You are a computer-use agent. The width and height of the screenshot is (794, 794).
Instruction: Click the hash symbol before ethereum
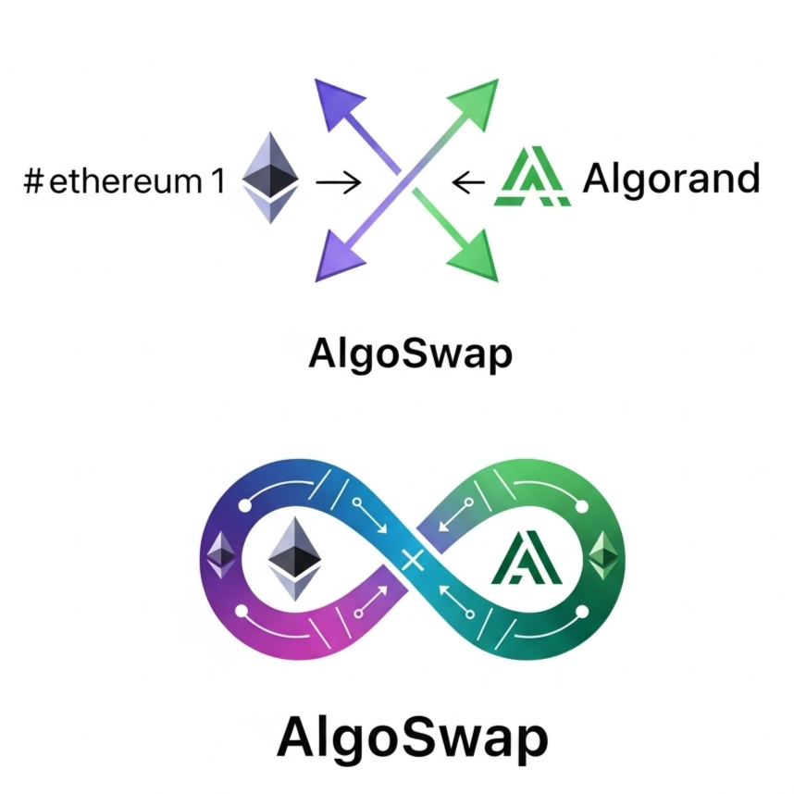(x=33, y=181)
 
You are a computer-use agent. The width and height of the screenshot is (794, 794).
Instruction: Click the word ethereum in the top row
(x=126, y=180)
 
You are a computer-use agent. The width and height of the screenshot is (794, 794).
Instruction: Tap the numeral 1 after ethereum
(x=218, y=180)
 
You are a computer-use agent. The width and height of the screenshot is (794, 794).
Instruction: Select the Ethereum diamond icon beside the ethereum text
(x=270, y=178)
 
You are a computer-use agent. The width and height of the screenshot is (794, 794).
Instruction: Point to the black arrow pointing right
(x=339, y=181)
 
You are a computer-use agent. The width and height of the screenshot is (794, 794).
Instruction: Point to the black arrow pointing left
(x=468, y=181)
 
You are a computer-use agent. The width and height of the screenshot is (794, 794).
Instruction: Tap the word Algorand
(x=672, y=179)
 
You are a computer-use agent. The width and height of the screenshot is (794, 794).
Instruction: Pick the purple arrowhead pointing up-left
(x=337, y=103)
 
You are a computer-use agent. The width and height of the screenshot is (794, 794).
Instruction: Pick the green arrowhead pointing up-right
(x=476, y=103)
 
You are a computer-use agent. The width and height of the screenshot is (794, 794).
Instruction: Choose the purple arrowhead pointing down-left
(x=337, y=256)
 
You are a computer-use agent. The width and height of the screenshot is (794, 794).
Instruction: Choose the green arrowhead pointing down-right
(x=475, y=256)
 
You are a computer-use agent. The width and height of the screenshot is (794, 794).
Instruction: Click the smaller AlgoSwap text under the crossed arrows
(x=410, y=354)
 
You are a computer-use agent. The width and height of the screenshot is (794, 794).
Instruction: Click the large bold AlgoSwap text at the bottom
(x=412, y=738)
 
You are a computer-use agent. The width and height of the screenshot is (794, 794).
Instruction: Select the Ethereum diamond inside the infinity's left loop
(x=294, y=559)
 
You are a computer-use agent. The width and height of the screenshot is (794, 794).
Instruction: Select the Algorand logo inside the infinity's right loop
(x=527, y=557)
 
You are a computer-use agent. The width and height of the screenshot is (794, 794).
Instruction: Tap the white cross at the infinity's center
(x=413, y=560)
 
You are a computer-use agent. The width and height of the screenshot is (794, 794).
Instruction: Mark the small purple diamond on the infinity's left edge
(x=221, y=555)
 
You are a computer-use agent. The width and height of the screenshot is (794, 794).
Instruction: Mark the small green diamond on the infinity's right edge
(x=604, y=555)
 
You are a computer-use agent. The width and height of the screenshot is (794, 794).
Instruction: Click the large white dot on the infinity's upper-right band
(x=582, y=506)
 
